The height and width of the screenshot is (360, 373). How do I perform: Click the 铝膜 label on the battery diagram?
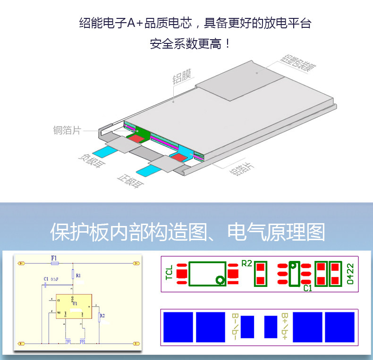[181, 79]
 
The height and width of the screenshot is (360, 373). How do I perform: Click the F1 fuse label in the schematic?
[54, 258]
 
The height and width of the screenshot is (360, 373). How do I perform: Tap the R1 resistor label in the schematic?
[78, 275]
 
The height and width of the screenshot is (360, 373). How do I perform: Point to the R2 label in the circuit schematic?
[102, 315]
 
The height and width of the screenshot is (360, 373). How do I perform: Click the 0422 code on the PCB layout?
[351, 274]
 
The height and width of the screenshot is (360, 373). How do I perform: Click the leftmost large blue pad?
[178, 327]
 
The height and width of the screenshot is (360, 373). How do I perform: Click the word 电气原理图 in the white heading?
[276, 232]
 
